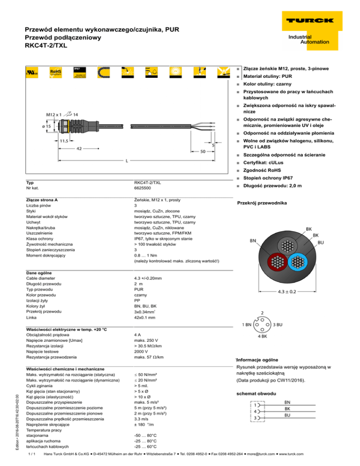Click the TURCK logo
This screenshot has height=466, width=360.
coord(307,21)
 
